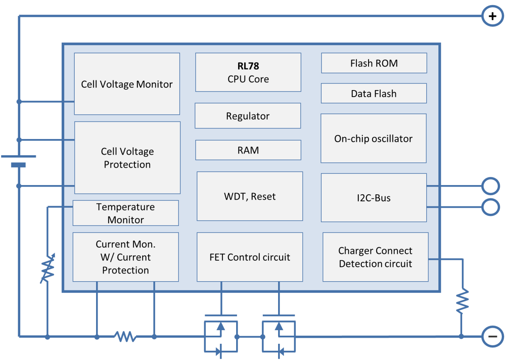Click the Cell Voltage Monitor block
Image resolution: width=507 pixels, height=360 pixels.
click(127, 84)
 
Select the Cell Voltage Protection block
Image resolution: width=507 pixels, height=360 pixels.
click(127, 158)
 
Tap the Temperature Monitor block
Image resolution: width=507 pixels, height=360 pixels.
click(126, 213)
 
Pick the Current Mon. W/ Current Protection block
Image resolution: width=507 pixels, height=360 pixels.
click(126, 257)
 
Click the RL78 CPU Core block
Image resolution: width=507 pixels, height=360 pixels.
click(248, 72)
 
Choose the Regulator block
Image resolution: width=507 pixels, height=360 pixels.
click(247, 116)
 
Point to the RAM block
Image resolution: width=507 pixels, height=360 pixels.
click(248, 150)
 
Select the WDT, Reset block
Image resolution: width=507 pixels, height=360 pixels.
click(249, 196)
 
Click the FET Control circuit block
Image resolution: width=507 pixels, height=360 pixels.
click(249, 257)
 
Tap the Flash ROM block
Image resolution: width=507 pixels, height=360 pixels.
click(374, 63)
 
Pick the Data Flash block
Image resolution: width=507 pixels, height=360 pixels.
click(373, 93)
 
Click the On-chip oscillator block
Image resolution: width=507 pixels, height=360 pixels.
click(373, 138)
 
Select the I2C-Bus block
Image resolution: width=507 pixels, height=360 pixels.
click(373, 198)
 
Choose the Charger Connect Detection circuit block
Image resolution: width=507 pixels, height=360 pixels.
click(375, 257)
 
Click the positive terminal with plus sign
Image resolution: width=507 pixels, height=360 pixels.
click(492, 17)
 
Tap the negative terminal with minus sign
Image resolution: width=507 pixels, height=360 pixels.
click(492, 336)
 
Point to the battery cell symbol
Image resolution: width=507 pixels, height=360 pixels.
click(19, 160)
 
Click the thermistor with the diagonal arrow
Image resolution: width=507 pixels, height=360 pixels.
click(48, 268)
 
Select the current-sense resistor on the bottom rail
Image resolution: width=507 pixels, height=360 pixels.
click(125, 336)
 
